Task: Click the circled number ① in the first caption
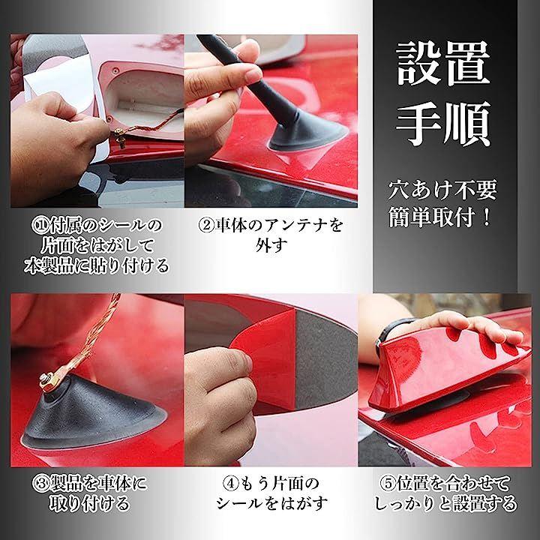[40, 226]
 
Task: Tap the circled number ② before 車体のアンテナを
[207, 225]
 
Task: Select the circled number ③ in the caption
[41, 484]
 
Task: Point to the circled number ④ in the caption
[230, 484]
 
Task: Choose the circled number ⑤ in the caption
[388, 484]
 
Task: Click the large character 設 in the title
[418, 63]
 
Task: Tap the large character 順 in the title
[468, 124]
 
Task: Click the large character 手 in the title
[418, 124]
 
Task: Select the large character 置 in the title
[468, 63]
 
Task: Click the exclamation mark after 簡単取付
[487, 217]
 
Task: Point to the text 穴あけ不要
[442, 190]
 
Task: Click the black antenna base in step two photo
[307, 133]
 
